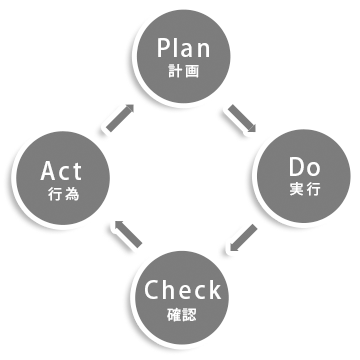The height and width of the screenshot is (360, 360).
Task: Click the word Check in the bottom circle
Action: coord(182,291)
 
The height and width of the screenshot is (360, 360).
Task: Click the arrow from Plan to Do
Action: coord(243,118)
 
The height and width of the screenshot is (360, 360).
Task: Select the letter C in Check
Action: coord(151,291)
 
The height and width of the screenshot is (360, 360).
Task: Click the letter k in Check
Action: coord(214,291)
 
